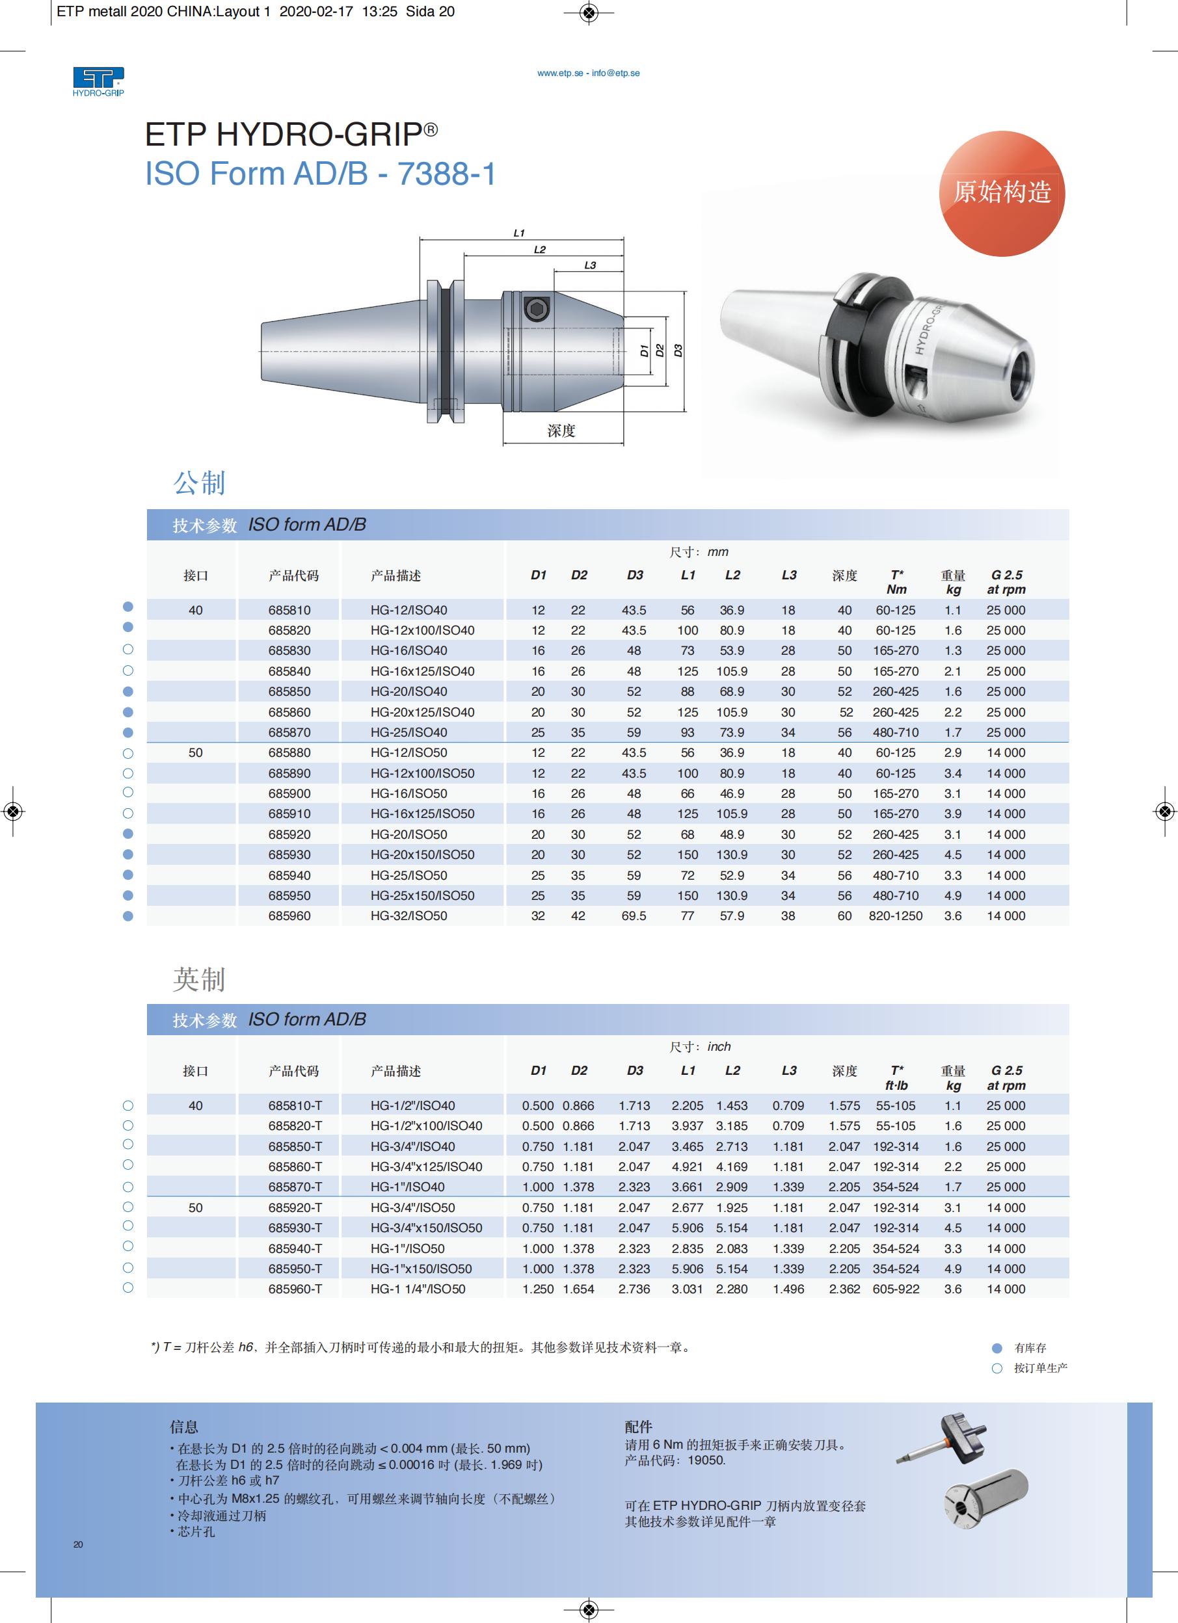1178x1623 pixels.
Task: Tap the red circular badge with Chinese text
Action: click(1001, 193)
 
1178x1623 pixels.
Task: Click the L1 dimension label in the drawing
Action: click(519, 233)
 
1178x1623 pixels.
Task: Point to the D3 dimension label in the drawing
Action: click(678, 350)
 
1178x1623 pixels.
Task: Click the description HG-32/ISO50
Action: click(408, 916)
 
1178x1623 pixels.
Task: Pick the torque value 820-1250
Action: click(895, 916)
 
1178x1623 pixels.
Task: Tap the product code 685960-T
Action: click(295, 1289)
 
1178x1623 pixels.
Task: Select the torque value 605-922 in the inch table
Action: click(895, 1289)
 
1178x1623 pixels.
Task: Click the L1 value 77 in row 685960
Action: click(687, 916)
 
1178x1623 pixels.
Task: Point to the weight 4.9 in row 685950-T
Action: click(952, 1269)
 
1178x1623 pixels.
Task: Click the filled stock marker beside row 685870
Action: click(128, 733)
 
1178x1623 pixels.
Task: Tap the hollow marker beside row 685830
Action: click(128, 649)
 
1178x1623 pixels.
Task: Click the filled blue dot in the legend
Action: click(997, 1348)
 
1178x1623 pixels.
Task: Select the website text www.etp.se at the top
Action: click(559, 73)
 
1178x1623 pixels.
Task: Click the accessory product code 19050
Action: click(706, 1460)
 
